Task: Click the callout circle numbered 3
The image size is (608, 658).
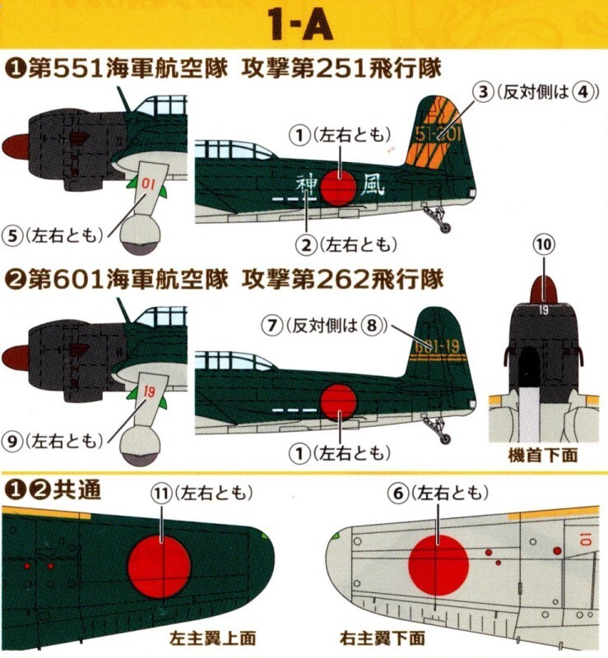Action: (x=485, y=92)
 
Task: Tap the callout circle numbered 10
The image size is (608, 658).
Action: (x=543, y=243)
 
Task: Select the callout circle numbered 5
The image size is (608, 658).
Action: (x=13, y=234)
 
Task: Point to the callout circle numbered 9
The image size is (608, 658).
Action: (x=13, y=441)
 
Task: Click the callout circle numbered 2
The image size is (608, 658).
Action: (x=308, y=243)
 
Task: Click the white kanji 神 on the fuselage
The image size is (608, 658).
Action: (x=305, y=182)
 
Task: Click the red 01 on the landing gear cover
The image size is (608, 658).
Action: (x=148, y=183)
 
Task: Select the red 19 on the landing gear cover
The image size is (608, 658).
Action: (x=149, y=392)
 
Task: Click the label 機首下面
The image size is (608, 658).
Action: (x=542, y=455)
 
